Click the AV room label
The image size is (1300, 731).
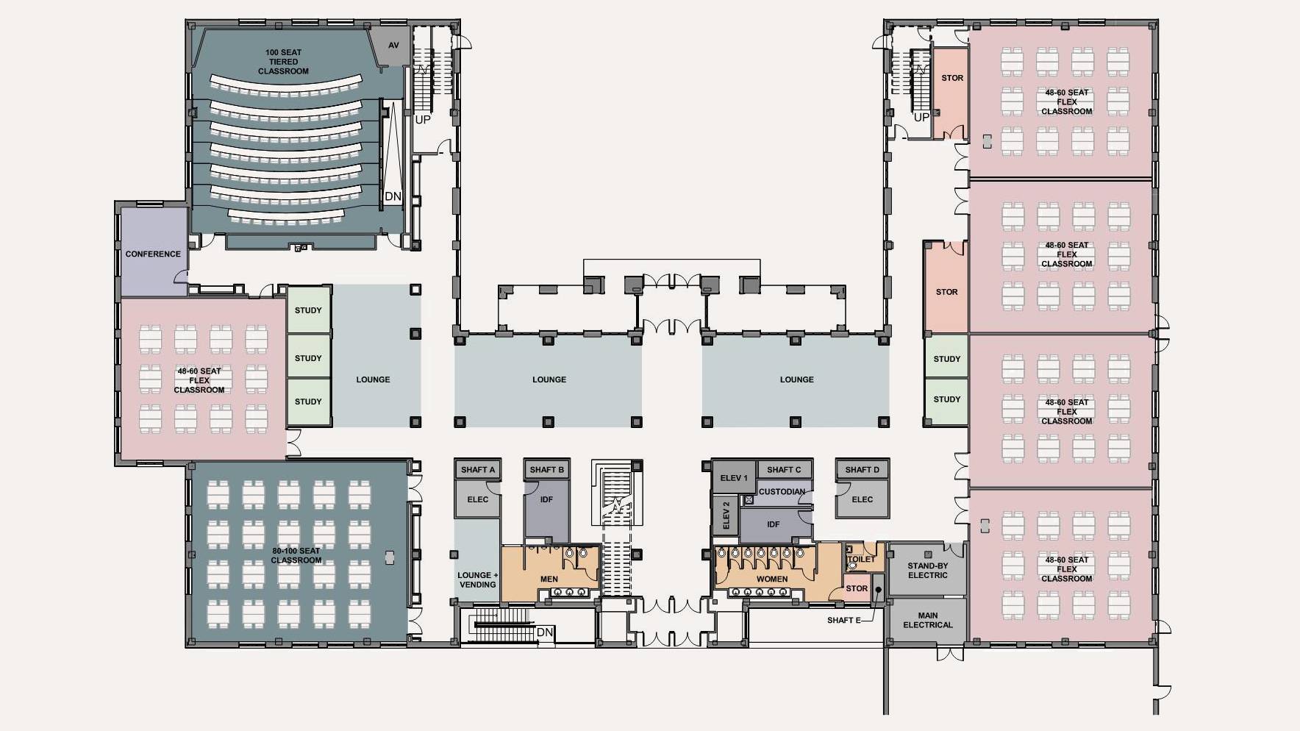pos(393,46)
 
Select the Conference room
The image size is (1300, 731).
pos(153,254)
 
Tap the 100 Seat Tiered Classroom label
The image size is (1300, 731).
pos(283,62)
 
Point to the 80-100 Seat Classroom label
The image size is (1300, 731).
pos(296,555)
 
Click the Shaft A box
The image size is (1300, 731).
pos(478,469)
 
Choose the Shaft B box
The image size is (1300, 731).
pos(547,469)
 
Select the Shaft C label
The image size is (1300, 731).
pos(784,469)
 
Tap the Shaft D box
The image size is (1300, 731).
pos(862,469)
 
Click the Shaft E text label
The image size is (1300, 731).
pos(843,620)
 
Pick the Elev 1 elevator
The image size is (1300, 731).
pos(733,478)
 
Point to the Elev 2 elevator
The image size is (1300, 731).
pos(725,516)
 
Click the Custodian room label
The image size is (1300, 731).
pos(782,491)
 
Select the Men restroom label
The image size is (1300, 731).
pos(549,579)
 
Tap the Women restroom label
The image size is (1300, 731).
pos(772,579)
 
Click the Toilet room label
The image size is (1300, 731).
pos(861,559)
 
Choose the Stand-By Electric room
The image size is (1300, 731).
pos(927,570)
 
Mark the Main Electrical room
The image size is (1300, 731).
pos(927,620)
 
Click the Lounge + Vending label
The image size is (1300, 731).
pos(477,580)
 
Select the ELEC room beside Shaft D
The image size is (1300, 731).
pos(862,499)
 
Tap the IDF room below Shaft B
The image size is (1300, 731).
pos(546,499)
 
